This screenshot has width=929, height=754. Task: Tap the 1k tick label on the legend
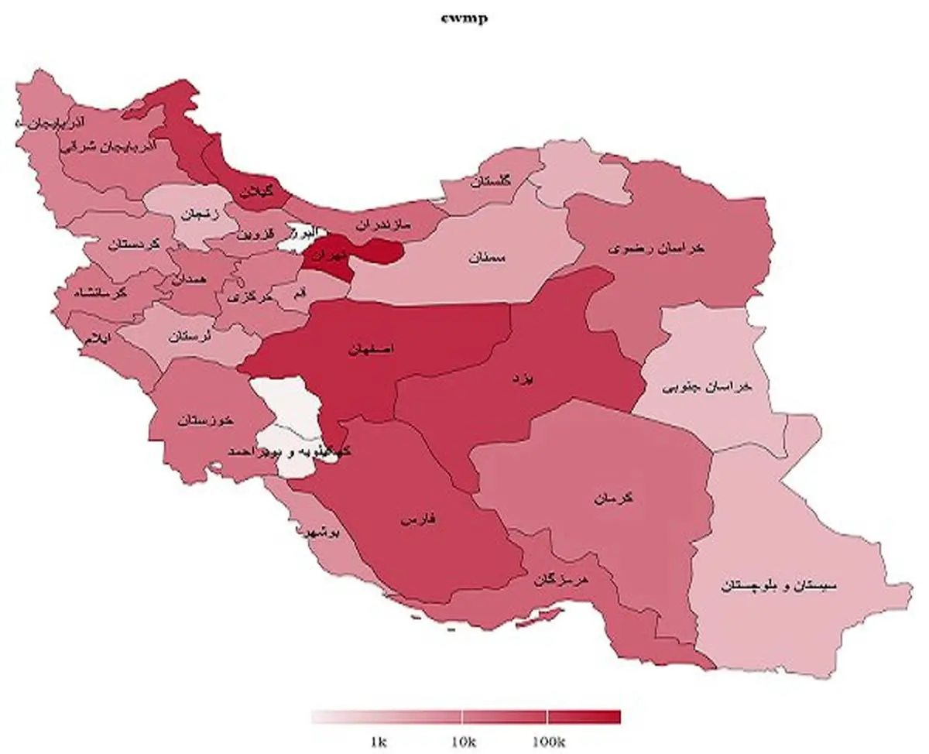(x=378, y=742)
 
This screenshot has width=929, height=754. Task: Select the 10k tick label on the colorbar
(x=461, y=742)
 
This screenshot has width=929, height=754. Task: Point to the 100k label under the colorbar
(x=547, y=742)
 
